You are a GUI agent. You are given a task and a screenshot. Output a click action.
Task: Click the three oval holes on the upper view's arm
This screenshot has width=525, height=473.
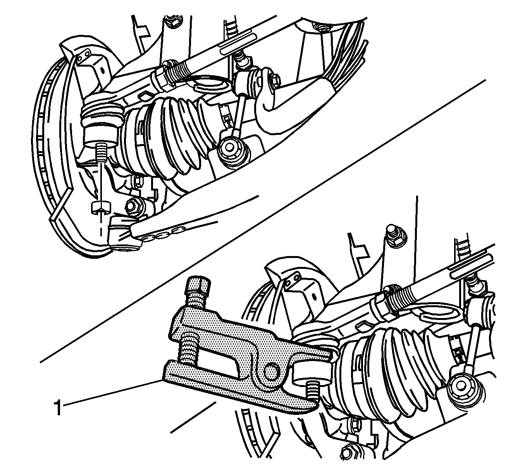click(163, 234)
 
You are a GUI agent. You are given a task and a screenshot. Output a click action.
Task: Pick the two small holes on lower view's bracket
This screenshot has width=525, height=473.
click(292, 280)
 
